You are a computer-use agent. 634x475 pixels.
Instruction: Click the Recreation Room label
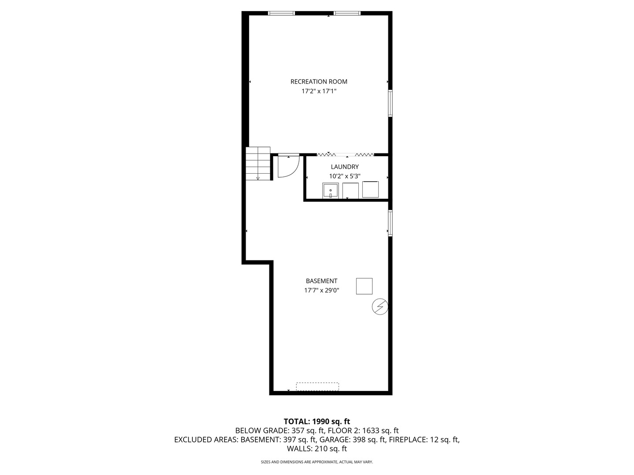[x=319, y=82]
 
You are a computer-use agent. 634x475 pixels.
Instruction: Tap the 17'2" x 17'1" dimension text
[x=319, y=91]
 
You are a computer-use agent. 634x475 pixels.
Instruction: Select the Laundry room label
[x=345, y=167]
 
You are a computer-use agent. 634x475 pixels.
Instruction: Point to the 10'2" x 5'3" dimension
[x=345, y=176]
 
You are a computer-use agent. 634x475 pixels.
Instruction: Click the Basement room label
[x=321, y=281]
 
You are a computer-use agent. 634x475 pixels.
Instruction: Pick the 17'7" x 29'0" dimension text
[x=321, y=290]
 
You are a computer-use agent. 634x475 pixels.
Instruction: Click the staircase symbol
[x=258, y=163]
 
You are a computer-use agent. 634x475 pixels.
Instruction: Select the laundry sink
[x=330, y=191]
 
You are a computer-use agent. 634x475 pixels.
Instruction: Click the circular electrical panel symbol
[x=380, y=307]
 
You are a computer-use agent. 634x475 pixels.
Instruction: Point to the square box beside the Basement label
[x=364, y=286]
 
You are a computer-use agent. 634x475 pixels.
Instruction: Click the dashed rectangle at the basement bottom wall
[x=317, y=387]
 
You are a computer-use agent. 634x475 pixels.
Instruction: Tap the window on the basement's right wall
[x=390, y=223]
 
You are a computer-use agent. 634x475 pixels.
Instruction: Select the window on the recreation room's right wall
[x=390, y=104]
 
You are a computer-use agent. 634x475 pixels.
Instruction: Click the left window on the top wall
[x=282, y=13]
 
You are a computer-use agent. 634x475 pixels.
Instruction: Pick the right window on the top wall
[x=347, y=13]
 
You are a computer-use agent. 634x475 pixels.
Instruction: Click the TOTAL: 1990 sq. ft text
[x=317, y=422]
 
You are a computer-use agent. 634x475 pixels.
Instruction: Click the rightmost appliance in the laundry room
[x=370, y=190]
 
